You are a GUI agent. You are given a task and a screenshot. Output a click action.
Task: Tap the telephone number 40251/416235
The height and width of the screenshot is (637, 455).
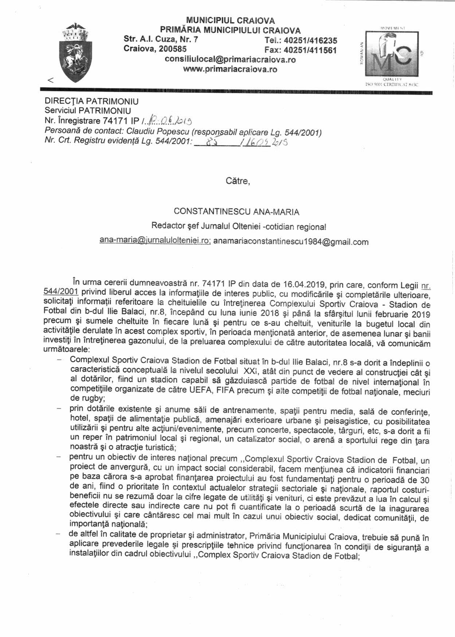click(310, 41)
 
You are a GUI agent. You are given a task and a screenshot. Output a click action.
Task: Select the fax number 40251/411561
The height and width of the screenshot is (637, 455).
click(310, 50)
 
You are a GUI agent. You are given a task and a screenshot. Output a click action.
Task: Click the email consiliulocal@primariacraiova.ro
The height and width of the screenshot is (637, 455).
click(230, 60)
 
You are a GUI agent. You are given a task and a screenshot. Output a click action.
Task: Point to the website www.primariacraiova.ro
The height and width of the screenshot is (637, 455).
click(230, 69)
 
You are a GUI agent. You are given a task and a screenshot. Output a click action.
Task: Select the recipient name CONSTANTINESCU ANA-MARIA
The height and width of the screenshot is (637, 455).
click(236, 212)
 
